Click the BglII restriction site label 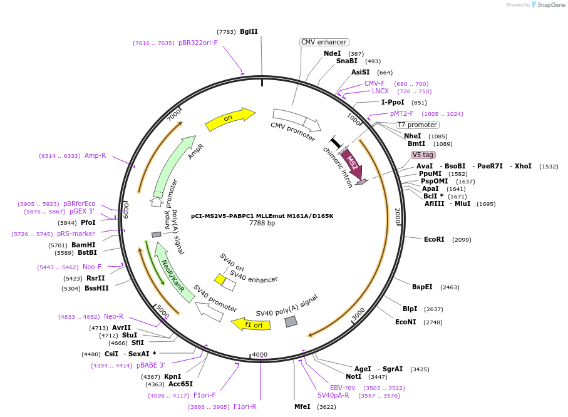tap(249, 31)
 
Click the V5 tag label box tap(423, 155)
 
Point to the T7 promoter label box tap(417, 125)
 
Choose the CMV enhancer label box tap(324, 42)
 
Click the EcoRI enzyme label tap(434, 239)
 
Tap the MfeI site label tap(302, 406)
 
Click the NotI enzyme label tap(353, 376)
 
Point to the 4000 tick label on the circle tap(259, 355)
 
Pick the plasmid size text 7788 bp tap(262, 223)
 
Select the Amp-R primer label tap(95, 155)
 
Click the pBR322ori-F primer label tap(198, 43)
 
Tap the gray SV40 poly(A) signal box tap(291, 321)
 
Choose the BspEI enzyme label tap(422, 287)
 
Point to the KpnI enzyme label tap(172, 376)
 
